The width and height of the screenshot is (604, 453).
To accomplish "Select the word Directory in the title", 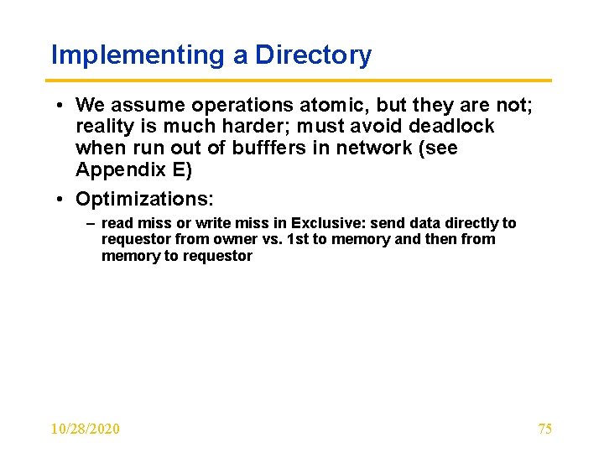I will (313, 55).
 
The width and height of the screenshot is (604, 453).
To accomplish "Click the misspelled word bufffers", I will (283, 148).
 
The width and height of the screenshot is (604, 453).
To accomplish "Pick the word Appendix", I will (117, 170).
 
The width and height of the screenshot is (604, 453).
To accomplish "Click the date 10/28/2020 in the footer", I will (85, 429).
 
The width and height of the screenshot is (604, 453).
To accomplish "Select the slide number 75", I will (544, 429).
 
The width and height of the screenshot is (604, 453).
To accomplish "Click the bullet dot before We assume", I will (62, 106).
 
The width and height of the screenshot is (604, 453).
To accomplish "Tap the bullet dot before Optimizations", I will (62, 200).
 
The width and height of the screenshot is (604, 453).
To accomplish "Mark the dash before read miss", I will (91, 224).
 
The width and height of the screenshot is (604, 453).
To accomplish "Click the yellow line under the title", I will (301, 81).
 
